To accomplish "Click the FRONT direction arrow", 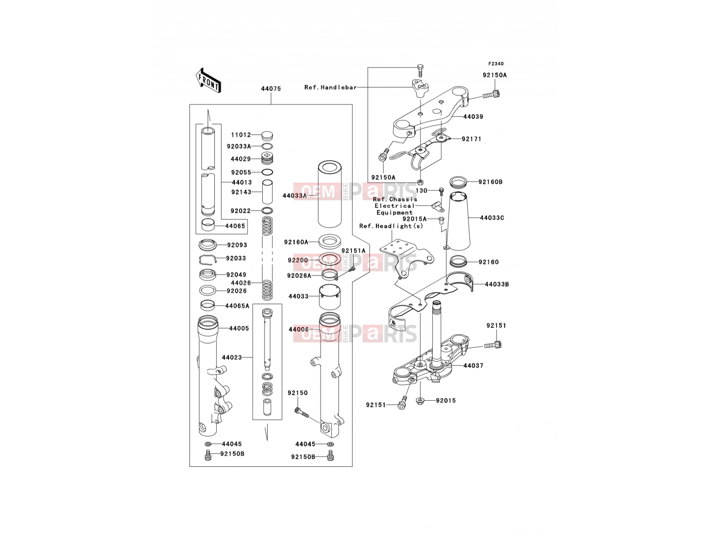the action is coord(208,81).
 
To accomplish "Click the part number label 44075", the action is coord(271,89).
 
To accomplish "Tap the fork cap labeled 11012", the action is coord(267,135).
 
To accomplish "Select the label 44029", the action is coord(241,159).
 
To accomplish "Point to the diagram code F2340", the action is coord(496,64).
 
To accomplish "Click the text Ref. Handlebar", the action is coord(331,88).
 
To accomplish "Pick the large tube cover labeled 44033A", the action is coord(330,194).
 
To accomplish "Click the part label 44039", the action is coord(473,116).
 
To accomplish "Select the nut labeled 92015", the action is coord(420,402).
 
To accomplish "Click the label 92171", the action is coord(472,139).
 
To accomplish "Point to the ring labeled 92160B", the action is coord(458,182).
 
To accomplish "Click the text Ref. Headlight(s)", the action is coord(391,226).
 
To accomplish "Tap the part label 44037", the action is coord(473,366).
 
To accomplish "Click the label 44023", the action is coord(232,358).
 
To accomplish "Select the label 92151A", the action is coord(353,251).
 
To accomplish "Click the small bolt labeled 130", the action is coord(441,191).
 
